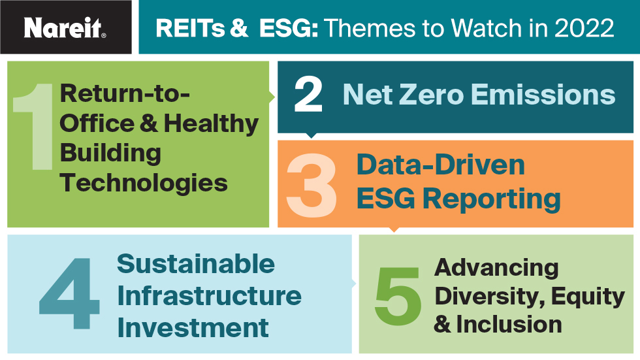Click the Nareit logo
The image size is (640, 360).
coord(65,27)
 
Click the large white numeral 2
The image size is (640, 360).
coord(308,95)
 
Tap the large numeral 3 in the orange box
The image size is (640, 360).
coord(312,187)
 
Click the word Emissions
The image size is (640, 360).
coord(546,95)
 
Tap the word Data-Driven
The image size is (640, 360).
coord(440,165)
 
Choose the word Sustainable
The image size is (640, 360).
coord(196,264)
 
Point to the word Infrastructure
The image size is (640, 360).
coord(209,295)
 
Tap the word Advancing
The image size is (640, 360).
coord(496,267)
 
